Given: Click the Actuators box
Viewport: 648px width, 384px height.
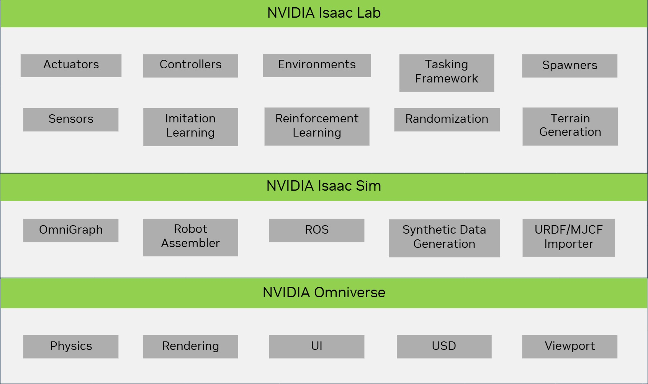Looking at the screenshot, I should (x=71, y=65).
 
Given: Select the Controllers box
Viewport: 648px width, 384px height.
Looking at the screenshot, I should (x=190, y=66).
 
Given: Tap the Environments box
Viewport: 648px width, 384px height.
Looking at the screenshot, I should (x=317, y=65).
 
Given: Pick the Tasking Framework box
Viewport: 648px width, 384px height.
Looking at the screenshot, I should (x=447, y=73).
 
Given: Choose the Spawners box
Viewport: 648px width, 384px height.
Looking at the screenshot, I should (x=569, y=66).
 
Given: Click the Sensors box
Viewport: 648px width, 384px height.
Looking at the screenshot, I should (x=71, y=119).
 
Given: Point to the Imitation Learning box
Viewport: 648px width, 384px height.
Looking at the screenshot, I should (x=190, y=127).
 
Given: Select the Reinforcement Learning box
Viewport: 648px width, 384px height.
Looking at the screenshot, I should (x=317, y=126).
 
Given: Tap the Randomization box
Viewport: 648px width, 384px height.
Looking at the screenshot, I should (x=447, y=119).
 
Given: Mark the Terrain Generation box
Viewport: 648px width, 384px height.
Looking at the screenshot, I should (x=570, y=126).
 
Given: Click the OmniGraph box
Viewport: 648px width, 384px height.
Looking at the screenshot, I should (x=71, y=230).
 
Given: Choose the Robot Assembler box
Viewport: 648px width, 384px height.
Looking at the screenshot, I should (x=190, y=237).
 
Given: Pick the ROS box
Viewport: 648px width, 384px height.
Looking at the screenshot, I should (x=317, y=230).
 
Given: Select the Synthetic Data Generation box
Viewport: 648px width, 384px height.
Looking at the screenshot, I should (x=444, y=238).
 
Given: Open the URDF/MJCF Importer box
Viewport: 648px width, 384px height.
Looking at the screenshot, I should (x=568, y=237).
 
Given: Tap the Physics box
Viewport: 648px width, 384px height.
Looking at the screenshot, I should (x=71, y=346).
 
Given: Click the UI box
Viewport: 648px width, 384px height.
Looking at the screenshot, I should (x=317, y=346).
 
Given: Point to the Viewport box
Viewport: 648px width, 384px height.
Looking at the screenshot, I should (x=569, y=346).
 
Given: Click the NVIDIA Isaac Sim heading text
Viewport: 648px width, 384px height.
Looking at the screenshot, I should (x=324, y=186).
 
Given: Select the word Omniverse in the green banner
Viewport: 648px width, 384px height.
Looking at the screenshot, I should (x=349, y=293).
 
